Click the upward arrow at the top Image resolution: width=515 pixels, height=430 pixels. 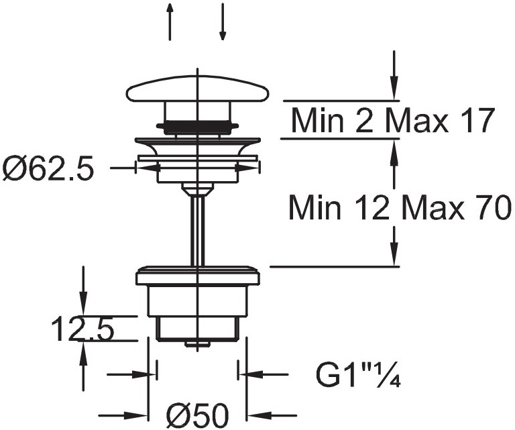click(170, 21)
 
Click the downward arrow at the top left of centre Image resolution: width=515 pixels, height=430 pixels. click(223, 21)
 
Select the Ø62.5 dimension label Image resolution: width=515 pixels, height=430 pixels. click(48, 169)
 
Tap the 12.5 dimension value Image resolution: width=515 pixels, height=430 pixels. click(82, 329)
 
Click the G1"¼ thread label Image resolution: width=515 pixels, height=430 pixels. click(358, 374)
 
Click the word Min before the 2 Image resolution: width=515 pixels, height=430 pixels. click(317, 121)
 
